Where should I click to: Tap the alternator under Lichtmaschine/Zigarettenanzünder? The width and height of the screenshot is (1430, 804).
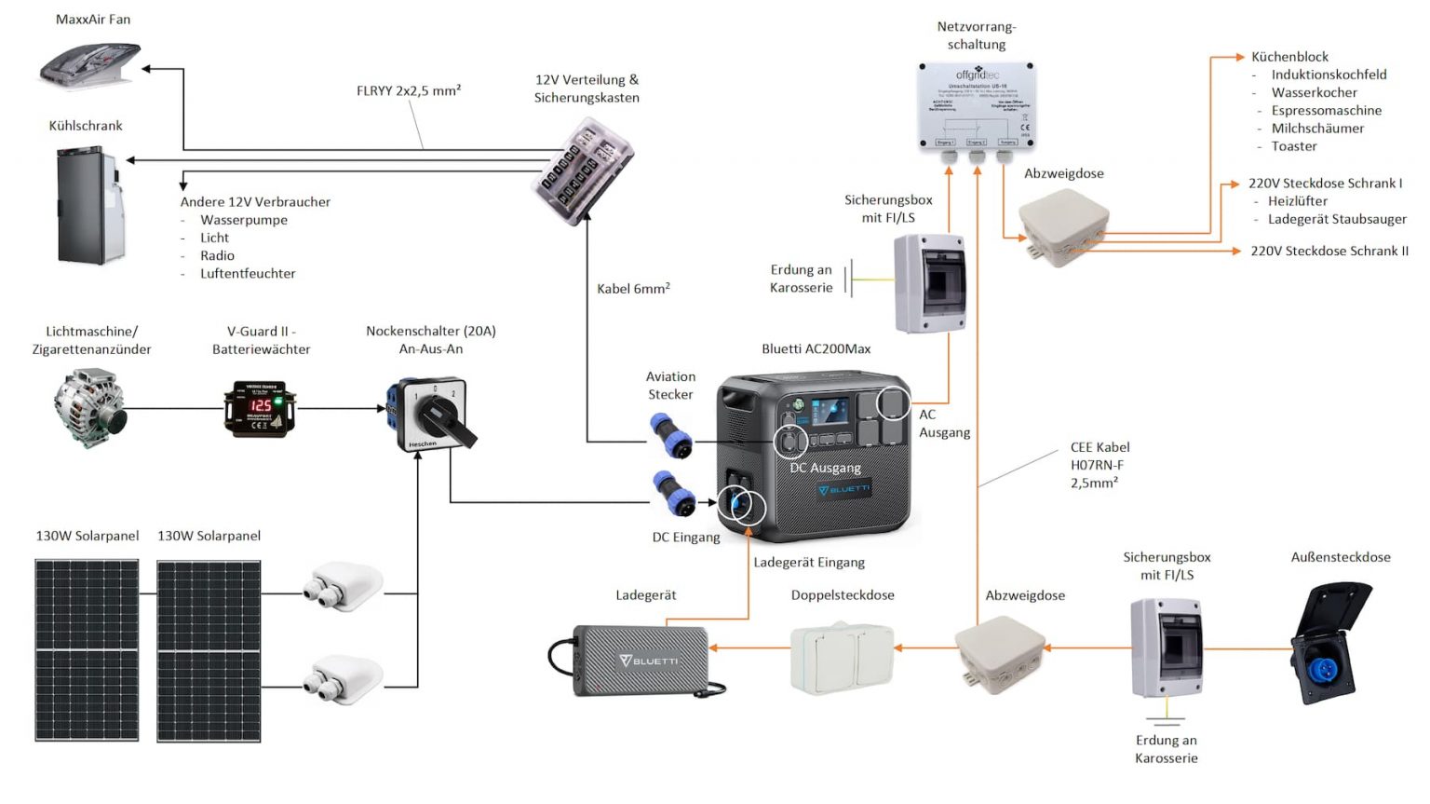pyautogui.click(x=90, y=408)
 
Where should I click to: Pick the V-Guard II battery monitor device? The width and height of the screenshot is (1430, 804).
pyautogui.click(x=260, y=408)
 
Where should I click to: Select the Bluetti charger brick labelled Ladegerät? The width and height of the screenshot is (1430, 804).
pyautogui.click(x=641, y=661)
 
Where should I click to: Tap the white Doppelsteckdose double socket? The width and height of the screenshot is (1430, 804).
pyautogui.click(x=842, y=658)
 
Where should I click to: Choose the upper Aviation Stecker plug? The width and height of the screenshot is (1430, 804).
pyautogui.click(x=671, y=436)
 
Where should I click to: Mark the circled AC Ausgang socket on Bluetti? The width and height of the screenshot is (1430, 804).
pyautogui.click(x=893, y=402)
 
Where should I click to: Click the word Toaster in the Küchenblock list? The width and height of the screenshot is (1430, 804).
pyautogui.click(x=1293, y=146)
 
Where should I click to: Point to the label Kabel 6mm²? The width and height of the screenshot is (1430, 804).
pyautogui.click(x=633, y=289)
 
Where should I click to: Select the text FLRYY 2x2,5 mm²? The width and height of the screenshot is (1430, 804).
pyautogui.click(x=409, y=90)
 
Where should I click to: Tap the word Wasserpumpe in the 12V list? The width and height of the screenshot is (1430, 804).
pyautogui.click(x=244, y=220)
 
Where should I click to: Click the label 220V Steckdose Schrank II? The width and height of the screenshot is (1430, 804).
pyautogui.click(x=1329, y=251)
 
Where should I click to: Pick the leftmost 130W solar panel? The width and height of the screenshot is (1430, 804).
pyautogui.click(x=88, y=649)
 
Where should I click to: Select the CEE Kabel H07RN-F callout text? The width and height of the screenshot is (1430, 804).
pyautogui.click(x=1099, y=465)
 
